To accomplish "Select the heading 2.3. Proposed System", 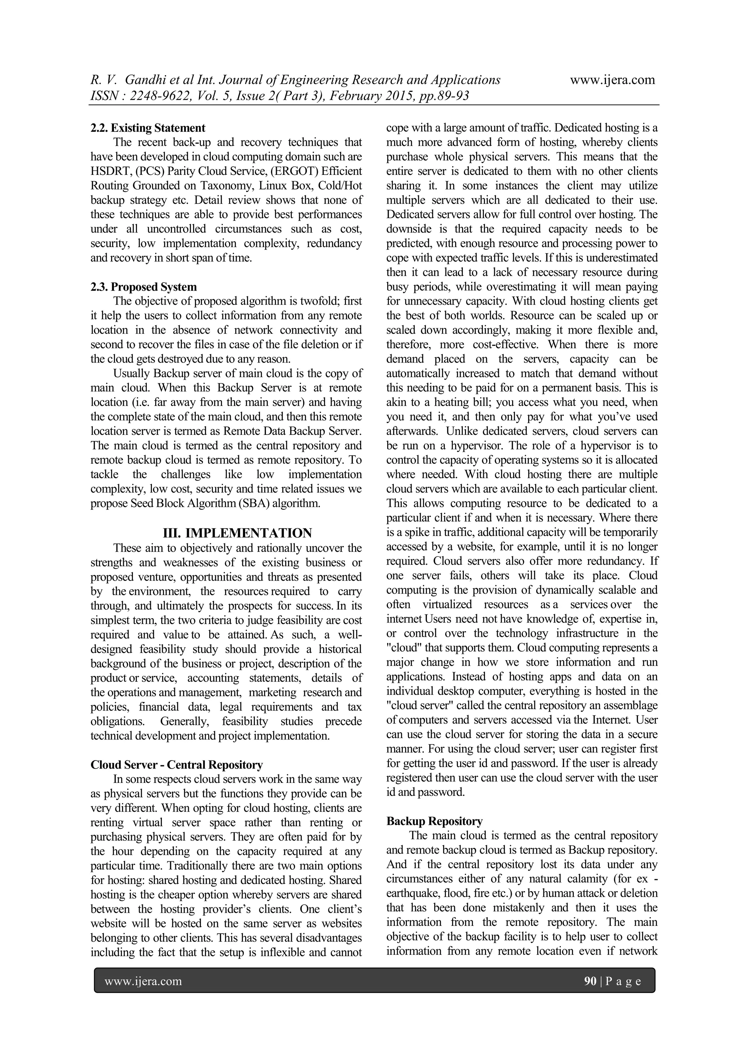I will coord(143,287).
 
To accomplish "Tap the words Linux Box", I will coord(282,185).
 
